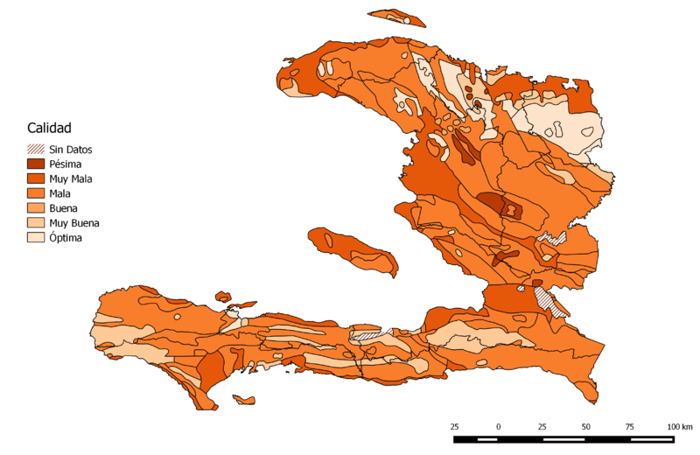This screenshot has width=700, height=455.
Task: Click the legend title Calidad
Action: coord(49,128)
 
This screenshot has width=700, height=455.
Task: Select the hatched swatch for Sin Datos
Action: coord(36,149)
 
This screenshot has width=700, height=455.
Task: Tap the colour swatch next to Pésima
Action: coord(36,164)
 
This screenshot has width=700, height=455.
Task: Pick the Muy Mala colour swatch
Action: coord(36,178)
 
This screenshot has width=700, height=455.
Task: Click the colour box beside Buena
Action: coord(36,208)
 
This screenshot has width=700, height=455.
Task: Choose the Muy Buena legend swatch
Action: coord(36,223)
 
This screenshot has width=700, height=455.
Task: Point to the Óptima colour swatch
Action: coord(36,237)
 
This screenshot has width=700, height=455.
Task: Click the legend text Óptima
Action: coord(66,237)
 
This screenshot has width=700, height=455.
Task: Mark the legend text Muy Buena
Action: coord(74,223)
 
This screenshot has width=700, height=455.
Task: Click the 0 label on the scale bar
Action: coord(499,426)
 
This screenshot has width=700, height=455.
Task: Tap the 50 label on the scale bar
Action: coord(586,426)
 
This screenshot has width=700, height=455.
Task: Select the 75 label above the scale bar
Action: coord(630,426)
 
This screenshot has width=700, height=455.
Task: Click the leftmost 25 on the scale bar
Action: coord(455,426)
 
